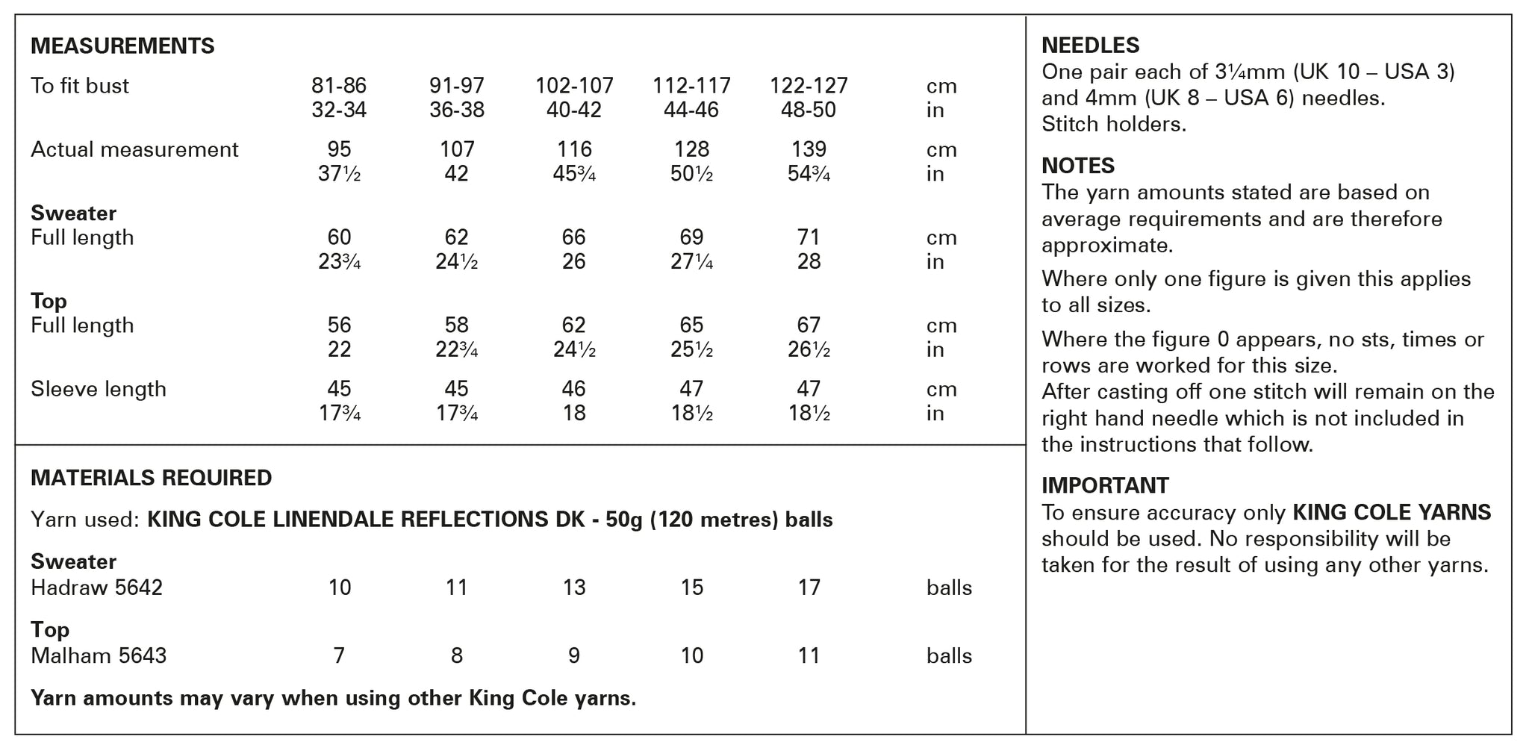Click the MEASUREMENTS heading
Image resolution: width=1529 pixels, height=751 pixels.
[x=122, y=46]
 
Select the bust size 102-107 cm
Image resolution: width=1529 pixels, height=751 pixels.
[x=574, y=86]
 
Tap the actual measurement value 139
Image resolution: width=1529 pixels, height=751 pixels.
[x=809, y=149]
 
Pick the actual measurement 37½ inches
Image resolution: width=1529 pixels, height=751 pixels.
[x=339, y=174]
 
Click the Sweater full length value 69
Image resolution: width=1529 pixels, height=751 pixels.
[x=691, y=237]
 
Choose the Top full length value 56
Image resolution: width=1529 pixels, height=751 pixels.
[x=339, y=325]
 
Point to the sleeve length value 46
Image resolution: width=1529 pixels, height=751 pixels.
[x=574, y=389]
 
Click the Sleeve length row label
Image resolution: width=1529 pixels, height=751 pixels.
[x=99, y=389]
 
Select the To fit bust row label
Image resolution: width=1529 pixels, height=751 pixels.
[x=80, y=86]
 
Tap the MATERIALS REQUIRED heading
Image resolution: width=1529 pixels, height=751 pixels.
[x=152, y=478]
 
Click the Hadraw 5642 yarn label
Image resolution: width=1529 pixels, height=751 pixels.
[x=96, y=588]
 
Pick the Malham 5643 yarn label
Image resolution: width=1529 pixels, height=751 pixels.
[x=99, y=656]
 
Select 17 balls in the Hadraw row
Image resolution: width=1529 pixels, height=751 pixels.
[x=809, y=588]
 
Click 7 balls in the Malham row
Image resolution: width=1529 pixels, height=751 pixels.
[x=339, y=656]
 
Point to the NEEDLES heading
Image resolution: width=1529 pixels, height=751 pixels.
[x=1090, y=46]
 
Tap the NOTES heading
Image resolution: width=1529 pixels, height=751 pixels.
[x=1078, y=166]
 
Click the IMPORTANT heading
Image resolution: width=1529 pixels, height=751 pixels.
[x=1105, y=486]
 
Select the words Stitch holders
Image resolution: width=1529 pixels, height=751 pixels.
[x=1114, y=124]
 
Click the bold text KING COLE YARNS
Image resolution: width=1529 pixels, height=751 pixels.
[x=1392, y=513]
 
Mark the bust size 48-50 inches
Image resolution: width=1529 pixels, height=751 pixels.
[x=809, y=110]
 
